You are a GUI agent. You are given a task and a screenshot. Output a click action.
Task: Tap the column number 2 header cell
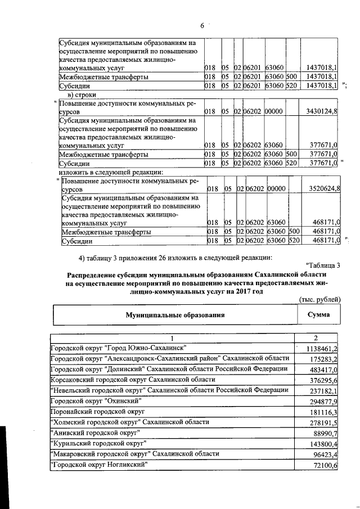click(x=316, y=337)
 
